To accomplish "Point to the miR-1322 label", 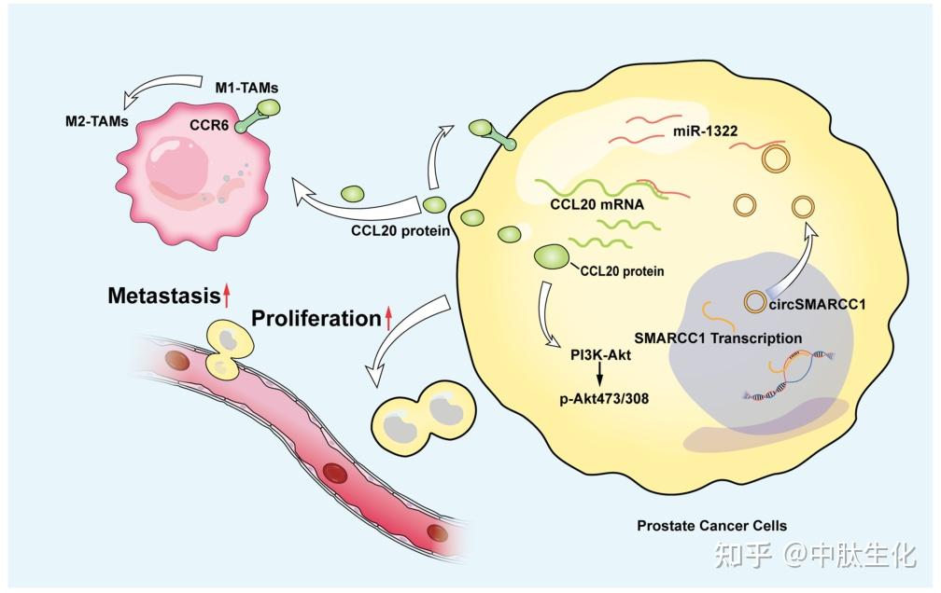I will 706,131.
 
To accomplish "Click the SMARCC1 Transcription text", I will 718,338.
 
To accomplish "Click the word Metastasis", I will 162,296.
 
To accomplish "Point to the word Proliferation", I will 316,319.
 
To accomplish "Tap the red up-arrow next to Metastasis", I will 226,296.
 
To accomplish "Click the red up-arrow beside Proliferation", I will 389,320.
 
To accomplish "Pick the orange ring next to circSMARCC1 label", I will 754,303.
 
